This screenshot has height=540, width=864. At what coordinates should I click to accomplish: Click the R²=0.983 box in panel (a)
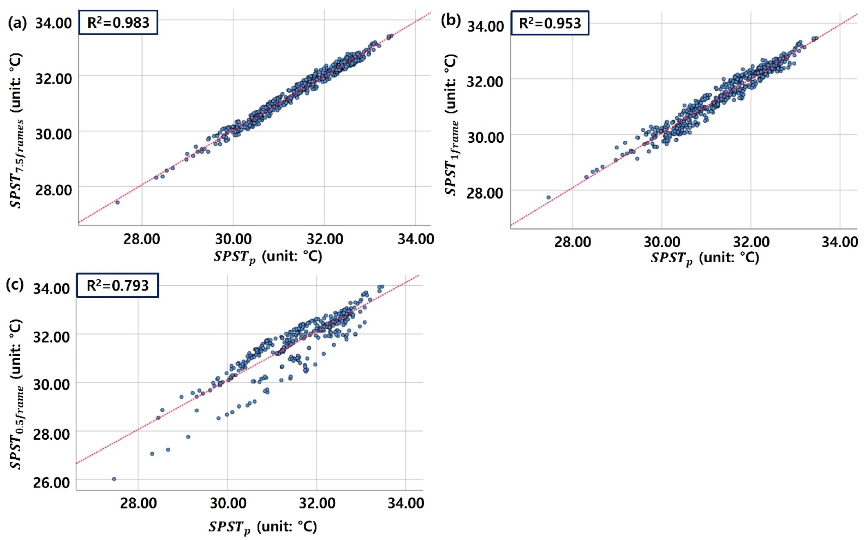coord(118,22)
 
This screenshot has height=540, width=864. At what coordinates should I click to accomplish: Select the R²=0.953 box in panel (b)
coord(549,23)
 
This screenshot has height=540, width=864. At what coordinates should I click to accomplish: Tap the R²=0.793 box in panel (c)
coord(118,285)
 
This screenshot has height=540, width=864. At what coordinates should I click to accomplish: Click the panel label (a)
coord(17,22)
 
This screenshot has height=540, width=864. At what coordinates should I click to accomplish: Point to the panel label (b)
coord(451,20)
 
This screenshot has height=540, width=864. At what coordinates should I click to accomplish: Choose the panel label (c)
coord(15,284)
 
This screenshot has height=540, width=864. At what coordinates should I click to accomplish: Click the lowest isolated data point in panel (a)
coord(117,202)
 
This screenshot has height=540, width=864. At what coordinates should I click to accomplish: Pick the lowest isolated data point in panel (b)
coord(549,197)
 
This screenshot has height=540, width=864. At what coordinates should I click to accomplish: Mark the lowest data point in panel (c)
coord(114,479)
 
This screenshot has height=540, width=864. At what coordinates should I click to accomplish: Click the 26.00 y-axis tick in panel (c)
coord(51,483)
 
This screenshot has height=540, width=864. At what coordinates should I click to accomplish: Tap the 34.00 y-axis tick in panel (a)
coord(53,23)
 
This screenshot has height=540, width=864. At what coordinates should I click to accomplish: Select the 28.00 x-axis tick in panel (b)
coord(572,242)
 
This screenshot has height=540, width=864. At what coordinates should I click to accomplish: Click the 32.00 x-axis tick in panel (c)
coord(317,503)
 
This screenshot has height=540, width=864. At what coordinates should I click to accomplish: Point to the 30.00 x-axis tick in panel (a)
coord(233,239)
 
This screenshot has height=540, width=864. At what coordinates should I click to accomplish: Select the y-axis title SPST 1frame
coord(451,124)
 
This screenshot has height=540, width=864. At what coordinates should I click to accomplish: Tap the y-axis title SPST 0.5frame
coord(16,394)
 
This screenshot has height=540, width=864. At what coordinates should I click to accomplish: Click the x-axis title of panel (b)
coord(704,258)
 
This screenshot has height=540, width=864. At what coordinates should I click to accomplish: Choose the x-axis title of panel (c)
coord(262,527)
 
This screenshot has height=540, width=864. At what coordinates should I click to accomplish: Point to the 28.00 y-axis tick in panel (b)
coord(485,193)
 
